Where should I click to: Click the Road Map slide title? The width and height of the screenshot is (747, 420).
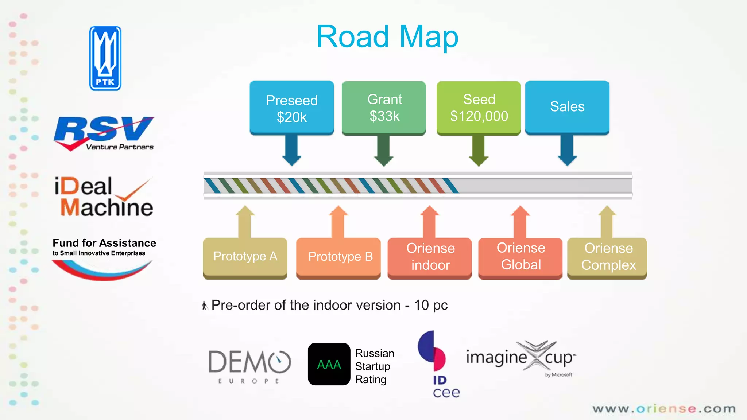pos(387,36)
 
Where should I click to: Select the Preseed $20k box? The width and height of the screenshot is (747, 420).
pos(292,108)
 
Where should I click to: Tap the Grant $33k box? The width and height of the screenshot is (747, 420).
pos(384,108)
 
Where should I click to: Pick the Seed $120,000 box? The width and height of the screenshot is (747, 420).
pos(479,108)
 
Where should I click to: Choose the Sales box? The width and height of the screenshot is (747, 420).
pos(567,107)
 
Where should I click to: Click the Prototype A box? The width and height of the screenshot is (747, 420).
pos(245,257)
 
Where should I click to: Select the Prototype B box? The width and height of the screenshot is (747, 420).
pos(339,257)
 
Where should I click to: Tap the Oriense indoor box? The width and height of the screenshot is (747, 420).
pos(430,257)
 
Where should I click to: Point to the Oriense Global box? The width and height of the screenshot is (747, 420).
pos(520,257)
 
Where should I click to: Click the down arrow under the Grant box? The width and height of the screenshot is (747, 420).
pos(384,151)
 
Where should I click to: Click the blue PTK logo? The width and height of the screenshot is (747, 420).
pos(105,58)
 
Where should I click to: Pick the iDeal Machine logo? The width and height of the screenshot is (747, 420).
pos(104,197)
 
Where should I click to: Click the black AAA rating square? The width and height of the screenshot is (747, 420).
pos(329,364)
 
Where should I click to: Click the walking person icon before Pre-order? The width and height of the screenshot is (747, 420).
pos(205,306)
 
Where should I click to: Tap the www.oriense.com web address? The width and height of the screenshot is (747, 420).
pos(664,409)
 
